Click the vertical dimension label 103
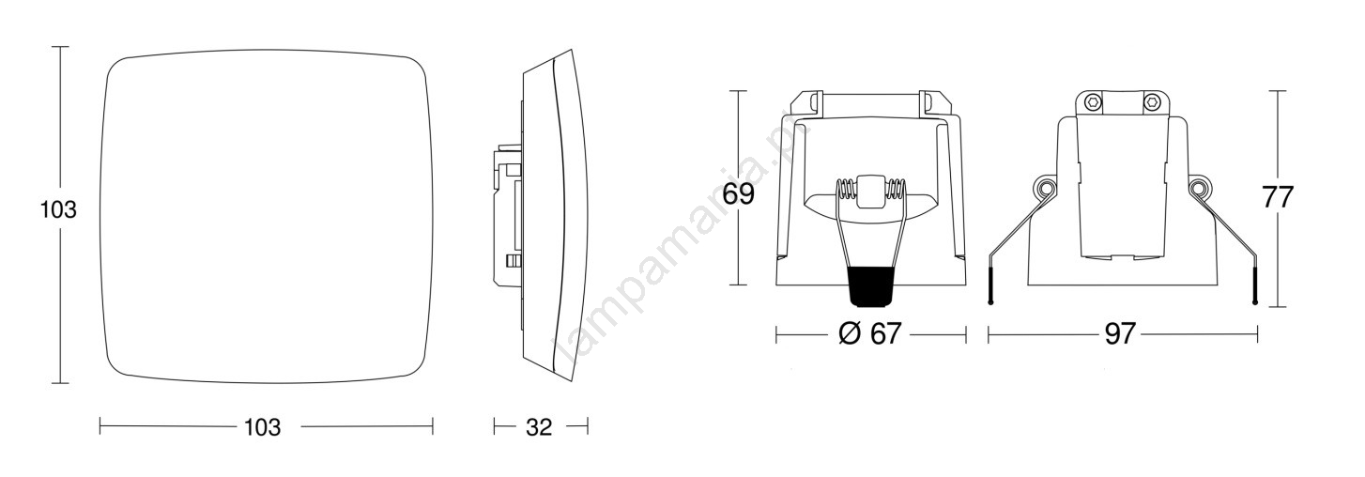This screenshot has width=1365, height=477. [58, 209]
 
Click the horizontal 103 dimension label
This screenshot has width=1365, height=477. [263, 427]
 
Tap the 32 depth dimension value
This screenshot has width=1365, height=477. [539, 427]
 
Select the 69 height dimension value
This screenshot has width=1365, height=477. [739, 194]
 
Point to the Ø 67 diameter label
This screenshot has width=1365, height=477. [870, 333]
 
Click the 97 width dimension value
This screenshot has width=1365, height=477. [1120, 333]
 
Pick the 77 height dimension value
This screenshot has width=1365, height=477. [1278, 197]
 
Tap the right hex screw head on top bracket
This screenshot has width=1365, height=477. [1151, 101]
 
